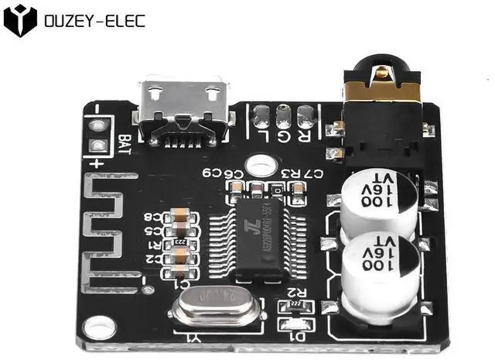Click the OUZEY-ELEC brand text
pos(95,20)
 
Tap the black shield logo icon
pos(20,20)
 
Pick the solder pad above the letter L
pos(261,118)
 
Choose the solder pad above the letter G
pos(284,118)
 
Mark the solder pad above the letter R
pos(306,117)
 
